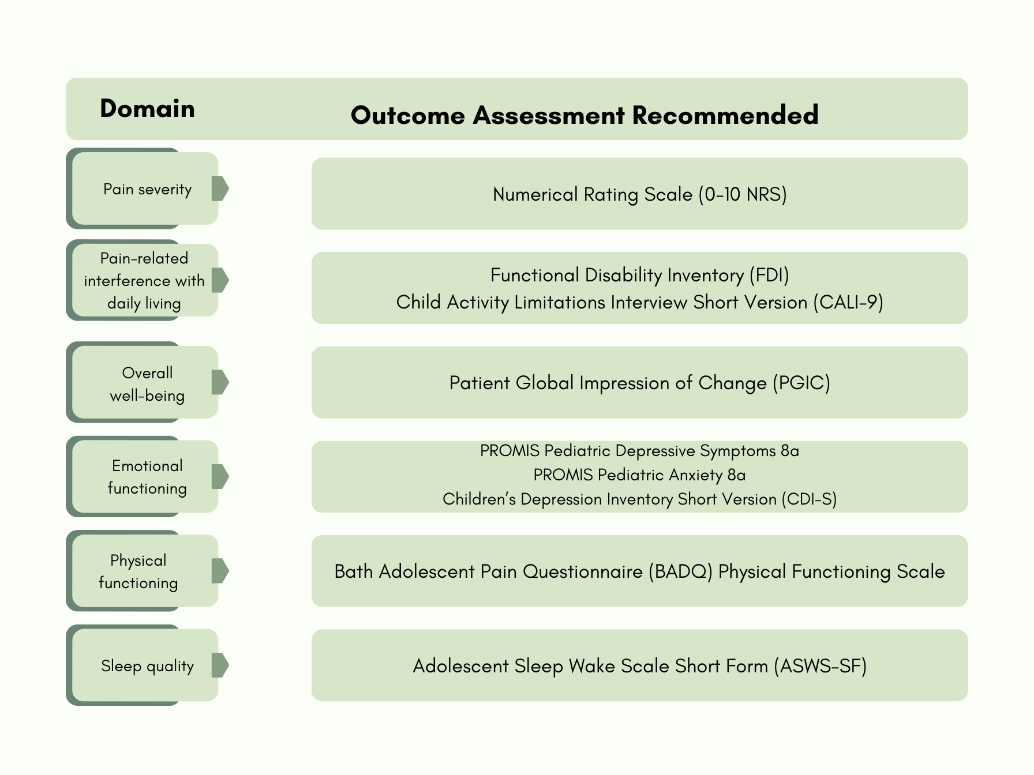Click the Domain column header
pos(147,109)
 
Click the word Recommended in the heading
pos(725,115)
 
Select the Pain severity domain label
pos(147,189)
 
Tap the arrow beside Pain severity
pos(220,189)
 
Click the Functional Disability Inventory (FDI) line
pos(639,275)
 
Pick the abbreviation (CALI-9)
pos(848,302)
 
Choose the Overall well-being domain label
pos(147,384)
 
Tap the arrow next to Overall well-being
pos(220,382)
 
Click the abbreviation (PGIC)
pos(801,383)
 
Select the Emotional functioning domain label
pos(147,477)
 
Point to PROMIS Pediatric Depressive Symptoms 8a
pos(639,450)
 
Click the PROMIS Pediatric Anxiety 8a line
pos(639,475)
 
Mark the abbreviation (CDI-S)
pos(809,499)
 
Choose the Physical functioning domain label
pos(138,571)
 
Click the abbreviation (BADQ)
pos(680,571)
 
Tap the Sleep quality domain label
pos(147,666)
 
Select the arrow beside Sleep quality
pos(220,665)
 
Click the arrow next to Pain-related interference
pos(220,280)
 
